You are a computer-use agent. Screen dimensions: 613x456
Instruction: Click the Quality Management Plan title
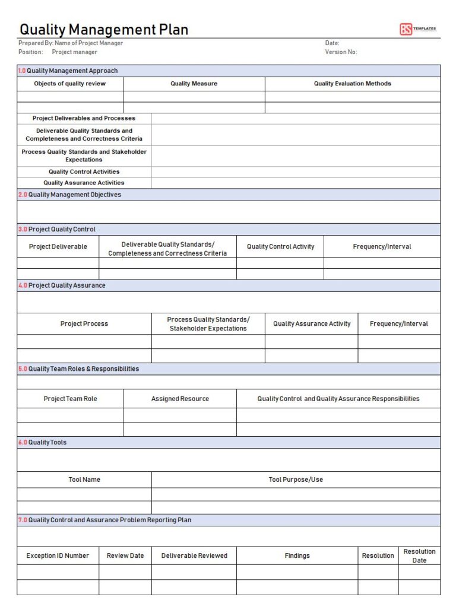pyautogui.click(x=104, y=29)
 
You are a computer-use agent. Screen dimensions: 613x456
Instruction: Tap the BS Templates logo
pyautogui.click(x=417, y=29)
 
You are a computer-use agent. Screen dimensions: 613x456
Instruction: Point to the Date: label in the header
pyautogui.click(x=332, y=43)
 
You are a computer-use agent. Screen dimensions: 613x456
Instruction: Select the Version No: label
pyautogui.click(x=341, y=52)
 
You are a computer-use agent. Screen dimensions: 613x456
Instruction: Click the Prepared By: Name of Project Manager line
pyautogui.click(x=71, y=43)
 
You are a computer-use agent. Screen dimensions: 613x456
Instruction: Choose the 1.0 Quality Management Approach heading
pyautogui.click(x=68, y=71)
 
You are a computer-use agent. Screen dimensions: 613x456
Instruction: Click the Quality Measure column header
pyautogui.click(x=194, y=84)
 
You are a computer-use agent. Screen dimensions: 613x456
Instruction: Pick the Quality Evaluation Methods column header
pyautogui.click(x=352, y=84)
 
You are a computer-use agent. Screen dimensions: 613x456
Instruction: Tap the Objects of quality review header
pyautogui.click(x=69, y=84)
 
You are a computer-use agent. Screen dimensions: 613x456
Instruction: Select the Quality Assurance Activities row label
pyautogui.click(x=84, y=183)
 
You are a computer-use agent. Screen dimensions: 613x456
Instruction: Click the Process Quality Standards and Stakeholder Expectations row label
pyautogui.click(x=84, y=155)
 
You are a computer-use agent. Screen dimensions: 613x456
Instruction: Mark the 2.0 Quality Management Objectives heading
pyautogui.click(x=69, y=195)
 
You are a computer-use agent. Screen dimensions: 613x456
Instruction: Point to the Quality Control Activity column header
pyautogui.click(x=280, y=246)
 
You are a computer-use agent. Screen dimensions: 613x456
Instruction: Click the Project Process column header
pyautogui.click(x=84, y=324)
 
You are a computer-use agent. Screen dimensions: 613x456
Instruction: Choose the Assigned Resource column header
pyautogui.click(x=180, y=399)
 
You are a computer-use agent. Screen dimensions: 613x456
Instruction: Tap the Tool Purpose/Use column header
pyautogui.click(x=296, y=479)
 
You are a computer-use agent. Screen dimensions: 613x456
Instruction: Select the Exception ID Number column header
pyautogui.click(x=58, y=555)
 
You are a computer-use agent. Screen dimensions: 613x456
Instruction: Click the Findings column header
pyautogui.click(x=297, y=555)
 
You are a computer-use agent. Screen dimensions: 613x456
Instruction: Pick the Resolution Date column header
pyautogui.click(x=419, y=555)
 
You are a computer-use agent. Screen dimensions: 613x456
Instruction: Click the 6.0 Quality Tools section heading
pyautogui.click(x=42, y=442)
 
